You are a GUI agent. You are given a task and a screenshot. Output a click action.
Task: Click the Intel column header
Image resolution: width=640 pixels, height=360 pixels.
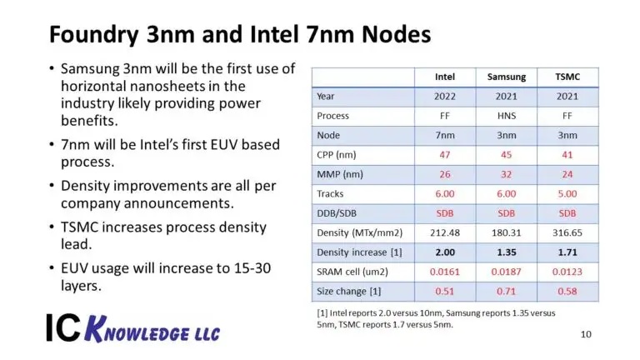(445, 77)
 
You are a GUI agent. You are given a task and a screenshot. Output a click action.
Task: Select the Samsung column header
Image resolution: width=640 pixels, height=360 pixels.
(507, 77)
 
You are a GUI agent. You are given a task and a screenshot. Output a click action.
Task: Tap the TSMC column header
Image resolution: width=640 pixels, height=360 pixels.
(567, 77)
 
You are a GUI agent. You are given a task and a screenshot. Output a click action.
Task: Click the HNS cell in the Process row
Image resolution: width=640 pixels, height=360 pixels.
(507, 116)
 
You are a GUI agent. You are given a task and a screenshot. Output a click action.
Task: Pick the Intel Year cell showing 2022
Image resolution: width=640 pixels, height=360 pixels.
(445, 96)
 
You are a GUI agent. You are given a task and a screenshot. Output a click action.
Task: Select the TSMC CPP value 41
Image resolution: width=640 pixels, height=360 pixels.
(567, 154)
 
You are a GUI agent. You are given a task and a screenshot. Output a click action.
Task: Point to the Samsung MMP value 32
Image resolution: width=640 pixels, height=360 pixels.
(507, 174)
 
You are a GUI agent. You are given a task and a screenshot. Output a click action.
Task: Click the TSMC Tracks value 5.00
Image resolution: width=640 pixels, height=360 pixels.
(567, 193)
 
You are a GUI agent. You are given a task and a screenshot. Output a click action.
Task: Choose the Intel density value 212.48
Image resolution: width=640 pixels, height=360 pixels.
(445, 232)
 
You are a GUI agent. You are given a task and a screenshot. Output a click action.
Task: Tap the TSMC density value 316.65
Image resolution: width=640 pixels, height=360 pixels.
(567, 232)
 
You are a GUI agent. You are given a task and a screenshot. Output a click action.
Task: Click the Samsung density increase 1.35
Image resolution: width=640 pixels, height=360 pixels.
(507, 252)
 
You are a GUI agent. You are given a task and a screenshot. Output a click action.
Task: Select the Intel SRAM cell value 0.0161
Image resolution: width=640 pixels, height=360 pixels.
(445, 272)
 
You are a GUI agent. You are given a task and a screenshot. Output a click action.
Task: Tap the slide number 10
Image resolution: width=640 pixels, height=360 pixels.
(587, 334)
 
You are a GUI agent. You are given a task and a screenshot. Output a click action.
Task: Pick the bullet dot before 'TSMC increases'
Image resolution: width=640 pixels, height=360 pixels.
(52, 227)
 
